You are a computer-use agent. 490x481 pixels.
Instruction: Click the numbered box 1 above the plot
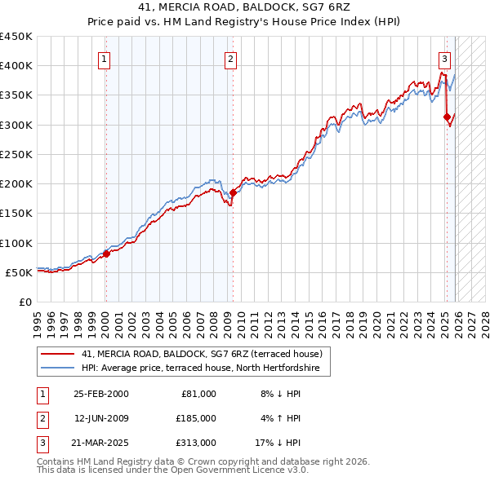coord(105,58)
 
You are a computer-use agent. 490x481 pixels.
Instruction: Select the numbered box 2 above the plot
coord(231,58)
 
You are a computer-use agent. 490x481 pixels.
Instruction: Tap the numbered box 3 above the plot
coord(444,58)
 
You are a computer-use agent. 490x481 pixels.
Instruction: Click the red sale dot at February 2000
coord(106,254)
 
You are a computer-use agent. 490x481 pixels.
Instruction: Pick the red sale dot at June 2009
coord(233,192)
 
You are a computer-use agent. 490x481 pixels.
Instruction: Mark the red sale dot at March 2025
coord(447,117)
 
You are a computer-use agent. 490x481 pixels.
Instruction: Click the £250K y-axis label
coord(16,154)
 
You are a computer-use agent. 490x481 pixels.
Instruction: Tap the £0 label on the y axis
coord(24,302)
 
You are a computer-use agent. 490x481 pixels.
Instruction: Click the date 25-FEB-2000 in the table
coord(101,394)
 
